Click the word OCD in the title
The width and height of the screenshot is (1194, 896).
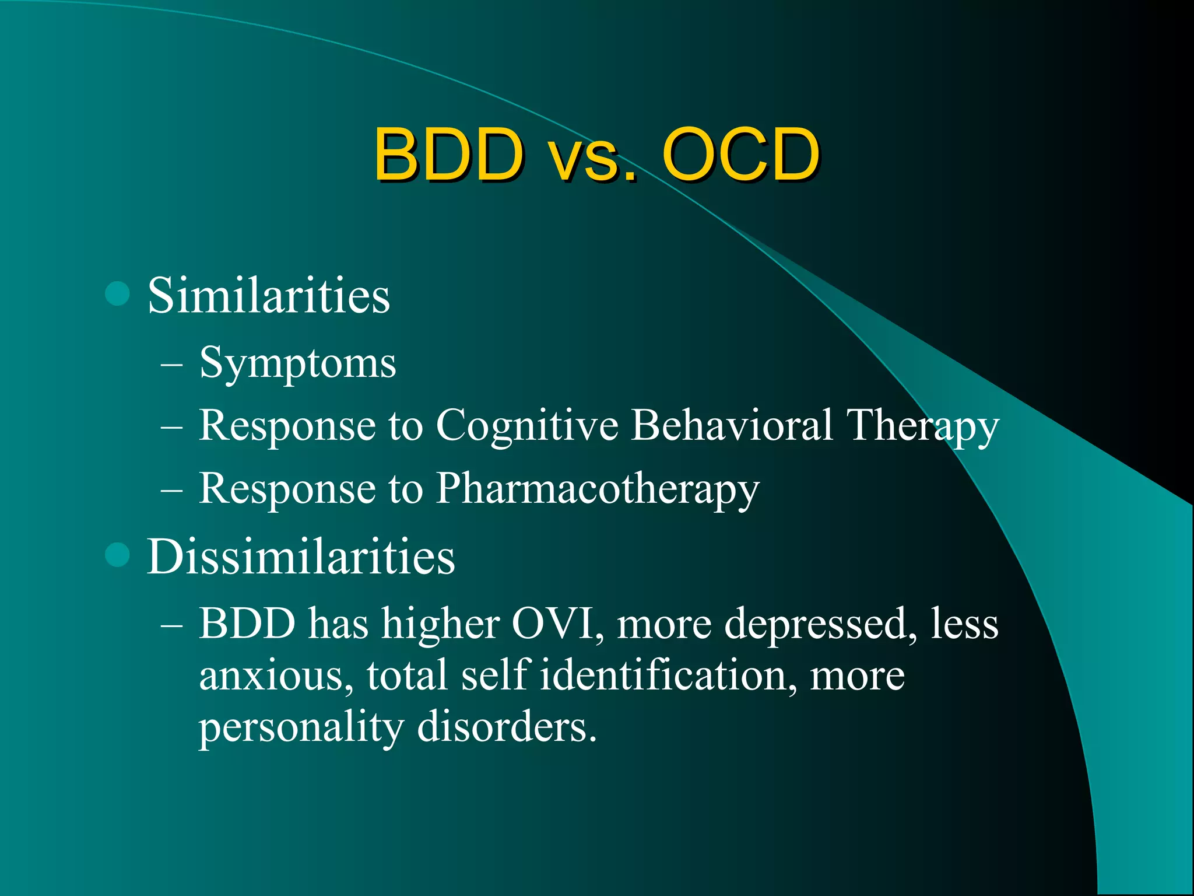[740, 155]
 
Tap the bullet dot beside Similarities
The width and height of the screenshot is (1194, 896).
[117, 293]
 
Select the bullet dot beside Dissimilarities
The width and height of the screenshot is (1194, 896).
[117, 555]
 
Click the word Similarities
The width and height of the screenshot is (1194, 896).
[268, 296]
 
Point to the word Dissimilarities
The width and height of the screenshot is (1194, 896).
[300, 557]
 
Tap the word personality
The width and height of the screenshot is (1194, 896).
[301, 728]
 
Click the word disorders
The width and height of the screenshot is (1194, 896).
[507, 727]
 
